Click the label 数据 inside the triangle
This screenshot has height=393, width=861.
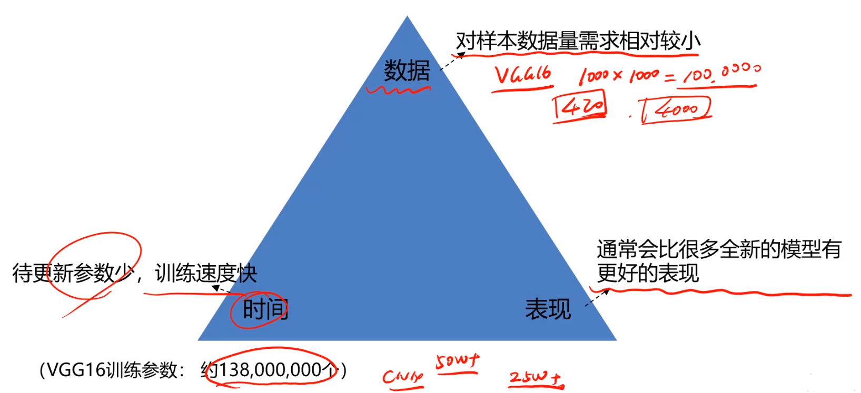[x=407, y=70]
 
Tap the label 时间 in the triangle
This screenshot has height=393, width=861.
[x=265, y=309]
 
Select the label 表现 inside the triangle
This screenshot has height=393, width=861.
[x=548, y=309]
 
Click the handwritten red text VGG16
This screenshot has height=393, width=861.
[x=522, y=76]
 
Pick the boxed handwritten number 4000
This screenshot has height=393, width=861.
[x=677, y=109]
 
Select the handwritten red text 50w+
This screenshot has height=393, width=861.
[x=457, y=362]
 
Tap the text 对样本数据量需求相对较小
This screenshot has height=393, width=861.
[x=578, y=41]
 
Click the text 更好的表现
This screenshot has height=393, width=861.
[x=648, y=273]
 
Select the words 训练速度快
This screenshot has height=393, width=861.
[x=206, y=273]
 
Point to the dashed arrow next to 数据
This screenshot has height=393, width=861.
[x=451, y=61]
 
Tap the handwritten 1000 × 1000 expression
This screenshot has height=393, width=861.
[x=619, y=77]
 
